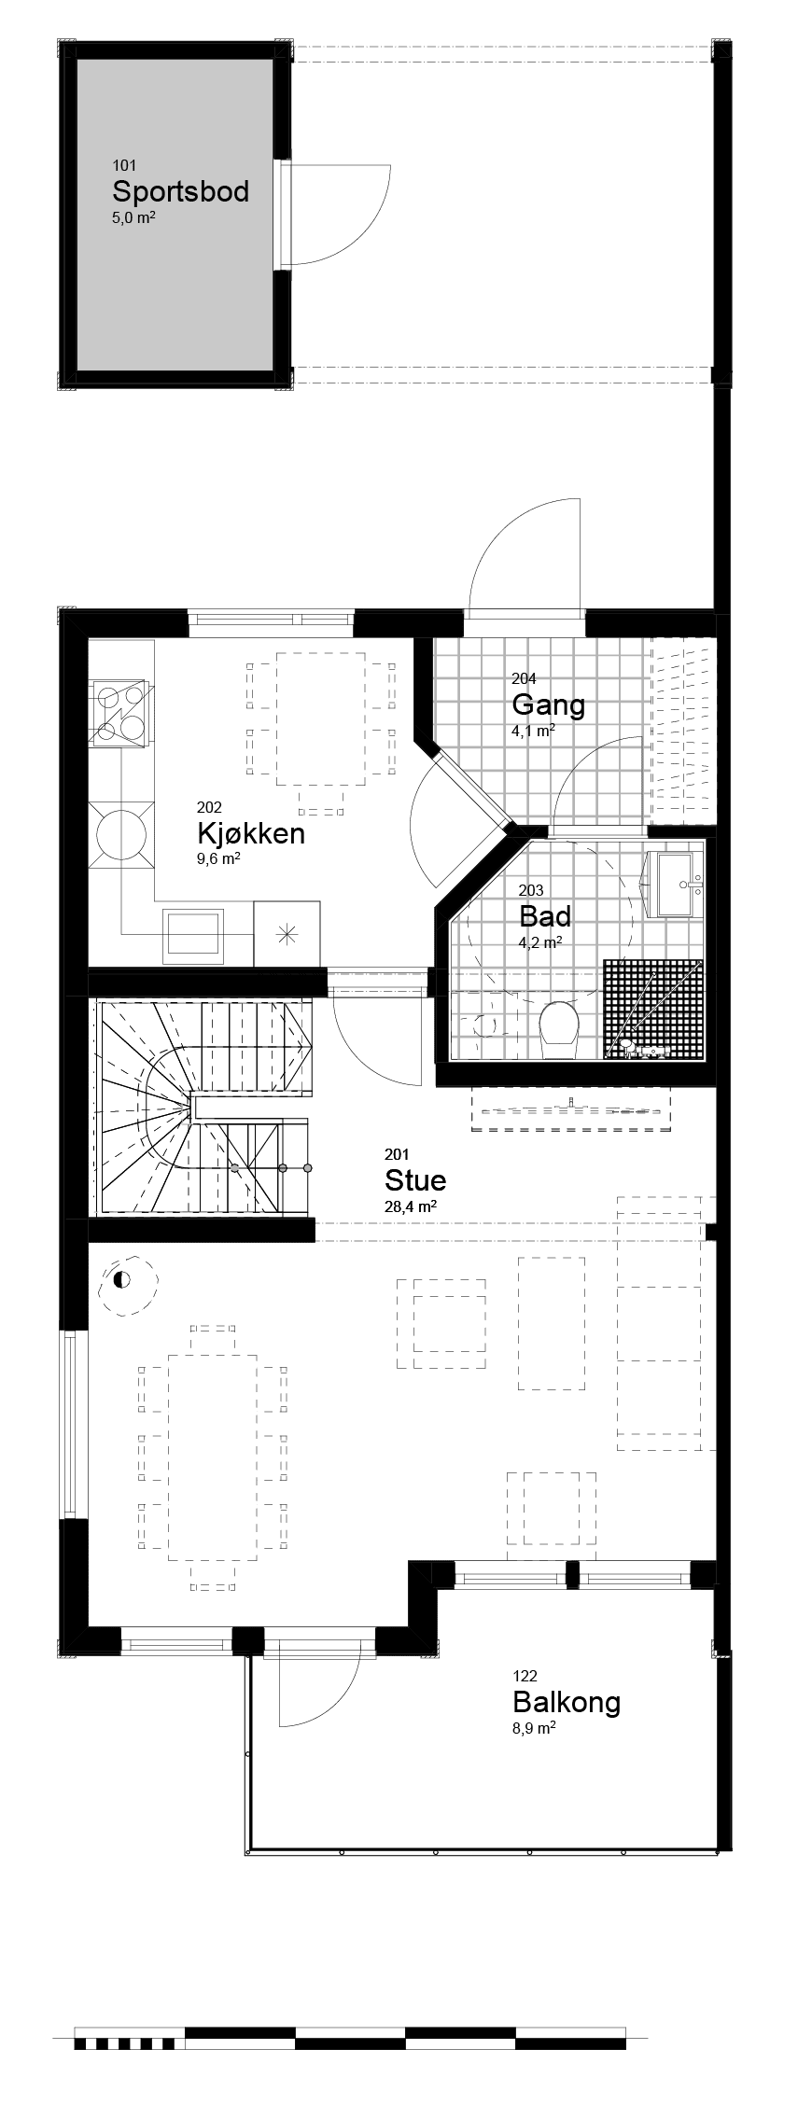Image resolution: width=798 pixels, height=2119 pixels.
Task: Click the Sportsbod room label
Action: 180,191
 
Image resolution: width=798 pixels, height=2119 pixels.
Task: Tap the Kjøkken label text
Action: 251,833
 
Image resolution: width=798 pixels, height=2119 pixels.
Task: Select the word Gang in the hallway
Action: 548,704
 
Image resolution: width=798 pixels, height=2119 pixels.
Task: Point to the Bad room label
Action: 545,916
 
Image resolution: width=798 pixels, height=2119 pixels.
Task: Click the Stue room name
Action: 415,1180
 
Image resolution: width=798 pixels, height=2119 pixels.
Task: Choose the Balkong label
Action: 567,1702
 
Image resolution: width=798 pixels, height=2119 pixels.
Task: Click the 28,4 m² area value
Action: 411,1206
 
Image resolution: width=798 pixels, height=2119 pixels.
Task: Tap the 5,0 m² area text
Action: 133,218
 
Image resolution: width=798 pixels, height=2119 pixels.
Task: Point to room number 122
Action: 525,1676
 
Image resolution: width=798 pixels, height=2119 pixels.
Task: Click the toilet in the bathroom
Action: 560,1026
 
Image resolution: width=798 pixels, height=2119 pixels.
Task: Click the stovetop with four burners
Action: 119,713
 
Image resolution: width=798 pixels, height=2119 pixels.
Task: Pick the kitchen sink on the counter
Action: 193,934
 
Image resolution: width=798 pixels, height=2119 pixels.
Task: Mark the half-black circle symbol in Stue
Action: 121,1279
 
